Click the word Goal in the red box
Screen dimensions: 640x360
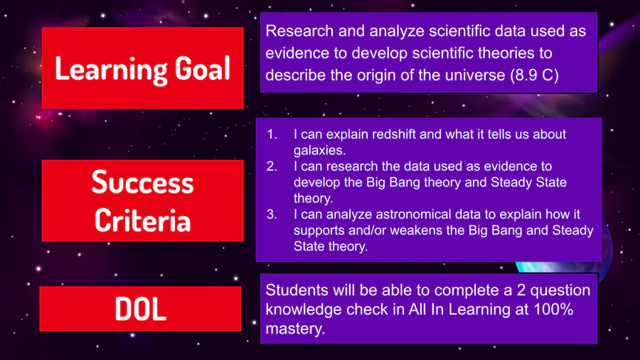coord(203,68)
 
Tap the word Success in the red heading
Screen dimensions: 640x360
coord(142,182)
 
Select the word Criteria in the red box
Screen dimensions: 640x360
coord(142,221)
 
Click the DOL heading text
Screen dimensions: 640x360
coord(140,309)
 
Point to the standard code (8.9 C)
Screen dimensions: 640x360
coord(534,75)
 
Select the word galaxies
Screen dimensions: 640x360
coord(319,151)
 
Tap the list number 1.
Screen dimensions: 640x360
coord(272,134)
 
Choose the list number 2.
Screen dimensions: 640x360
coord(272,166)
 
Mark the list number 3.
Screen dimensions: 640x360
coord(272,214)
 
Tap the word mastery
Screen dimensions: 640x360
coord(295,329)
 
